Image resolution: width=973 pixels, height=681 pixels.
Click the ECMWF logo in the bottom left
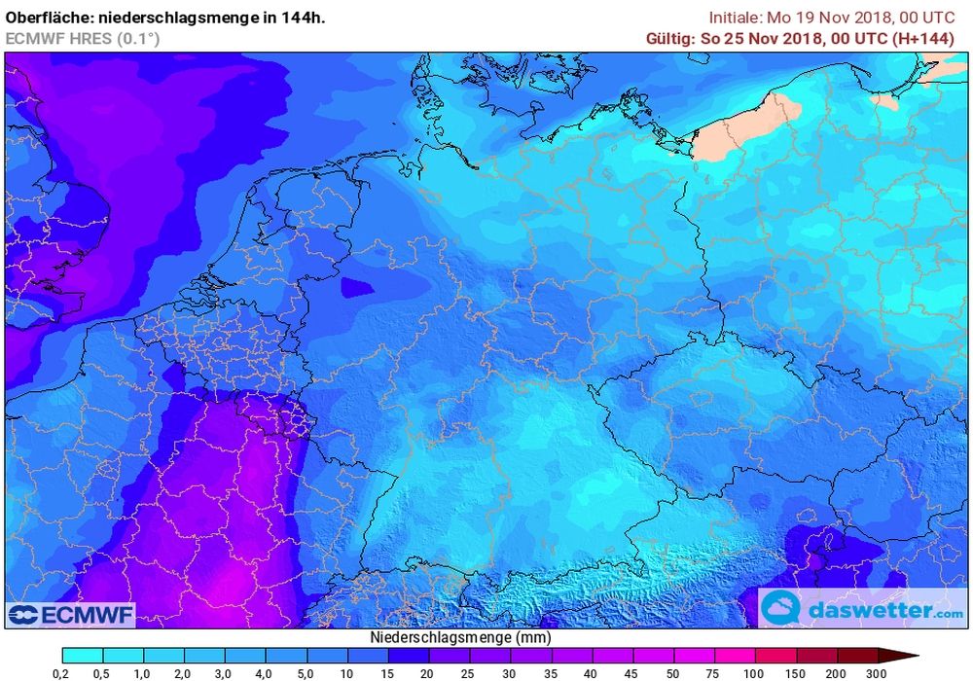71,615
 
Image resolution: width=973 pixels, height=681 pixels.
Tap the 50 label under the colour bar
674,672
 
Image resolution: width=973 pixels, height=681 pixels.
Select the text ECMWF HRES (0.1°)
83,38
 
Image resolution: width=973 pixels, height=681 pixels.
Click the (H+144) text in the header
935,38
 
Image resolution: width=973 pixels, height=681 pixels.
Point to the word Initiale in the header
736,18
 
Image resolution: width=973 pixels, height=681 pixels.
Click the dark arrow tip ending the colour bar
905,656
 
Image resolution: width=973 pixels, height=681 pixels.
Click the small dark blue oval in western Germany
355,286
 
